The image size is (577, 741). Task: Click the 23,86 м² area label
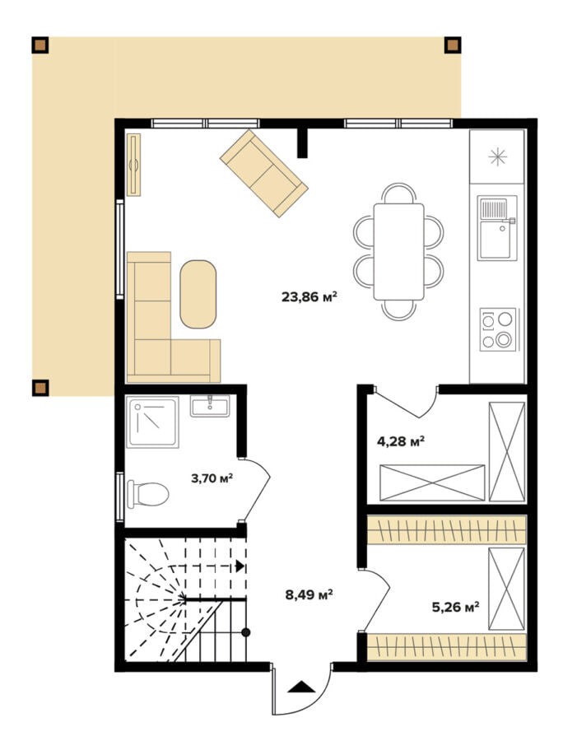(309, 296)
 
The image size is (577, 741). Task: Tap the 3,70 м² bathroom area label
(212, 478)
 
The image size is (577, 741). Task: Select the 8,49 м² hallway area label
(309, 594)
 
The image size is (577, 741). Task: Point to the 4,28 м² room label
(400, 441)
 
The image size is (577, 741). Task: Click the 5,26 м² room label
(455, 606)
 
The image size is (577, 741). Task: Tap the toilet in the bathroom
(148, 494)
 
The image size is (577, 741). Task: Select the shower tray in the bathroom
(152, 422)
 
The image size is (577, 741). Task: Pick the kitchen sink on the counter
(496, 228)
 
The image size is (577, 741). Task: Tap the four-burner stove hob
(498, 329)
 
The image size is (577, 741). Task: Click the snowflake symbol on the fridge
(498, 157)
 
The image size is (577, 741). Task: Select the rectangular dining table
(398, 251)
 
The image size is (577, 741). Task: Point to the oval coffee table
(198, 294)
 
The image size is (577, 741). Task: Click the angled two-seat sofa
(264, 174)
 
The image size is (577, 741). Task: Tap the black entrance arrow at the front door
(301, 687)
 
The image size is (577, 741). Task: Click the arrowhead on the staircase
(240, 566)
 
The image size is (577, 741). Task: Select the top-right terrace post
(453, 45)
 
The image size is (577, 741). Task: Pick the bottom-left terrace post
(40, 388)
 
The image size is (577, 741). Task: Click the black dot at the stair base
(245, 632)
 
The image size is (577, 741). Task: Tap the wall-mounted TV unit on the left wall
(133, 165)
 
